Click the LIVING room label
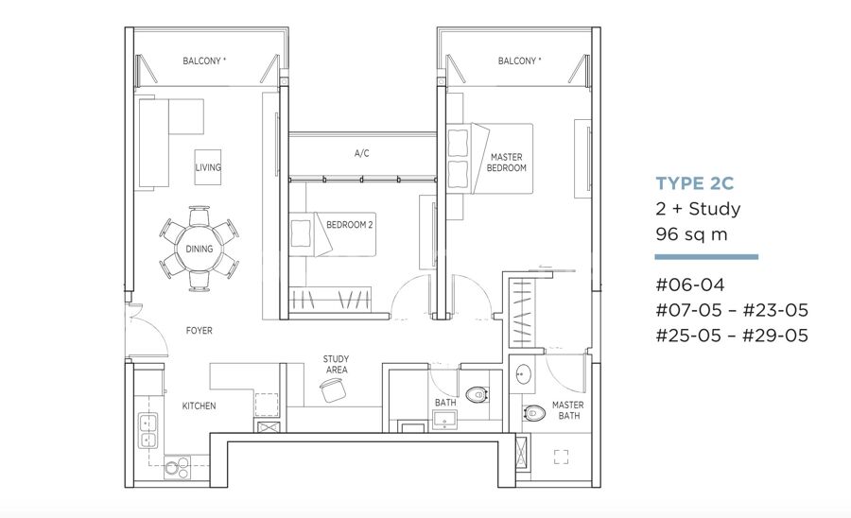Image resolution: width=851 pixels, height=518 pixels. pos(208,167)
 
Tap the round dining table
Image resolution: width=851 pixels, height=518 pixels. pos(200,249)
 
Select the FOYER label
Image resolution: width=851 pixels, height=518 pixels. pos(200,330)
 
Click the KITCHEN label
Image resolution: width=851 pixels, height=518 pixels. pos(199,406)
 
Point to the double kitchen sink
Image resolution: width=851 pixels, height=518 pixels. pos(148,431)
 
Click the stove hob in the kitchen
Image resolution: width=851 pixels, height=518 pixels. pos(178,467)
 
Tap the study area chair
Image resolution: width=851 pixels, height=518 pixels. pos(333,390)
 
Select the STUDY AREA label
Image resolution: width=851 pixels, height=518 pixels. pos(336,365)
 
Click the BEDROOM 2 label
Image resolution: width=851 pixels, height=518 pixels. pos(350,225)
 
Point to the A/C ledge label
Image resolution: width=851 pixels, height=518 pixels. pos(362,153)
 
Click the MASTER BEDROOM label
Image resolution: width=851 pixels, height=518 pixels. pos(507,163)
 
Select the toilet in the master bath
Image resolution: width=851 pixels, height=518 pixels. pos(534,414)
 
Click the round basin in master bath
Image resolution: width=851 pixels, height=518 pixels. pos(524,373)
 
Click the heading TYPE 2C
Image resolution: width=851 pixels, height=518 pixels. pos(695,183)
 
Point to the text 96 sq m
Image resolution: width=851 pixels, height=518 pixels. pos(691,234)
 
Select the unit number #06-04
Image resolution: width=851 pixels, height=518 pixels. pos(690,285)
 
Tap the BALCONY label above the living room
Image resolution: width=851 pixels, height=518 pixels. pos(204,60)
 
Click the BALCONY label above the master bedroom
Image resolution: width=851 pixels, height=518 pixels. pos(519,60)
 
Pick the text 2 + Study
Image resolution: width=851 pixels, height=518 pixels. pos(698,209)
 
